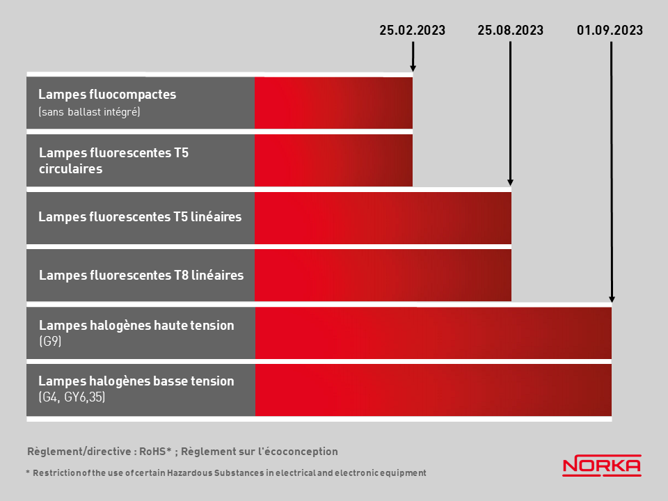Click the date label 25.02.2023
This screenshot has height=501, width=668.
413,30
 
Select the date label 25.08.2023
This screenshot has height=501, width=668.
510,30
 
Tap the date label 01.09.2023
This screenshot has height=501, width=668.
610,30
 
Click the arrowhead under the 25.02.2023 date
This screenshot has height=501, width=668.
413,68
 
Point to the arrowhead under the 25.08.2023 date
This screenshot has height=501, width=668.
510,182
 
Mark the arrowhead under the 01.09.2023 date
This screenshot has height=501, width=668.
612,299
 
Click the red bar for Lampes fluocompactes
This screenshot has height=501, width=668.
333,103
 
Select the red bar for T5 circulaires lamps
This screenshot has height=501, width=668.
333,161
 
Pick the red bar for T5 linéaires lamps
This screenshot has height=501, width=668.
383,218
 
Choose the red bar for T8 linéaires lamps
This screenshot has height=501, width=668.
383,276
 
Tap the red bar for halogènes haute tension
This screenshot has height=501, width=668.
434,333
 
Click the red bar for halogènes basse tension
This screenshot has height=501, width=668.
434,390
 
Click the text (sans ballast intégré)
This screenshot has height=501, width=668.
89,112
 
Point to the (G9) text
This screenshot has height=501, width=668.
50,341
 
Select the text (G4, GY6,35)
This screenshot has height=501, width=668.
72,397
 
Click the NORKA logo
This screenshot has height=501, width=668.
602,466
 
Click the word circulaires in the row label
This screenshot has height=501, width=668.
71,168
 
